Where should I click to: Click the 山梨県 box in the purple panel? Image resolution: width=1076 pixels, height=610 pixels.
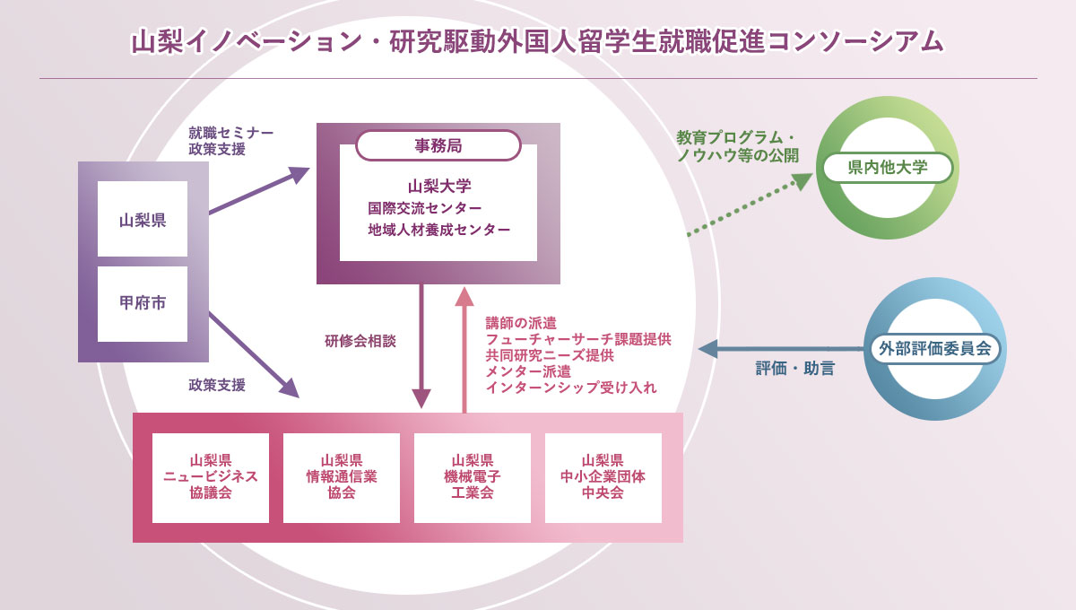point(143,219)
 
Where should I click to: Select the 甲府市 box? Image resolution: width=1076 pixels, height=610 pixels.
point(143,304)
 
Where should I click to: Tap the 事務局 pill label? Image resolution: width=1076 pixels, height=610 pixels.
point(438,145)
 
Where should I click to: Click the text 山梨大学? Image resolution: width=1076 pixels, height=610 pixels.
point(439,186)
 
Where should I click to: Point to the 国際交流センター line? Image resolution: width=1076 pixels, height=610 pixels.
point(425,208)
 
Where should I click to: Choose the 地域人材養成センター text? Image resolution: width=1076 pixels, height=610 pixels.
point(439,230)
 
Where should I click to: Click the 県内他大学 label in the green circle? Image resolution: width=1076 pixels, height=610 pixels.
point(888,167)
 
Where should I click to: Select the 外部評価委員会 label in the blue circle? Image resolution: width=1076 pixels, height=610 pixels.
point(934,348)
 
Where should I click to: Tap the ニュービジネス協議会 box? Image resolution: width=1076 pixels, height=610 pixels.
point(211,478)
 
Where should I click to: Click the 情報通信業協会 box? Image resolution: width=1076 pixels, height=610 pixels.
point(342,478)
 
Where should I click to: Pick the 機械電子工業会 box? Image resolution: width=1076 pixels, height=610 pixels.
point(473,478)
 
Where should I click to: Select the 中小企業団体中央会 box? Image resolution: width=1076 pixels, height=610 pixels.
point(603,478)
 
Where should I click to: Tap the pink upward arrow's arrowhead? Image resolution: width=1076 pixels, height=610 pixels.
point(464,297)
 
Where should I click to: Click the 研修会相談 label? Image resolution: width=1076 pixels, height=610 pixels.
point(360,341)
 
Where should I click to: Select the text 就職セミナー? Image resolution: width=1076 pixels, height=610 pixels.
point(231,132)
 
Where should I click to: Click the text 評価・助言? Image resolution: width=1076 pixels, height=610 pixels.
point(795,369)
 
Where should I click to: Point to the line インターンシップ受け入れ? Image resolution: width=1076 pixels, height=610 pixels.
point(571,388)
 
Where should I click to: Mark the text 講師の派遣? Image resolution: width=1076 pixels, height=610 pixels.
point(521,323)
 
